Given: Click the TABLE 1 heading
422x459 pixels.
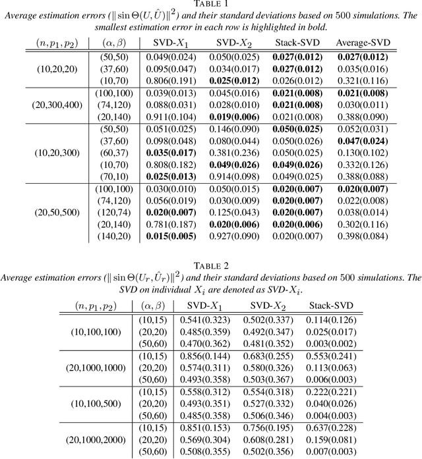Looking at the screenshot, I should (211, 5).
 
